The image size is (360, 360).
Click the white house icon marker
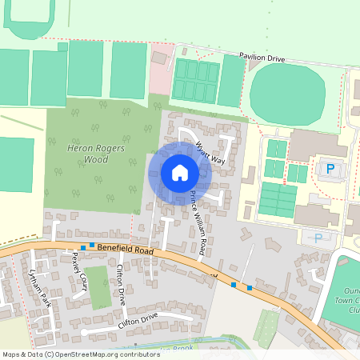point(180,173)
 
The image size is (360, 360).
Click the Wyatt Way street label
point(210,152)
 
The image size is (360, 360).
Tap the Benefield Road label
point(123,250)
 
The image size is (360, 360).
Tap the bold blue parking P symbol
point(329,168)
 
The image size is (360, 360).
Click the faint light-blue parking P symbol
point(318,238)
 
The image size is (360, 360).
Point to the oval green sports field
point(288,94)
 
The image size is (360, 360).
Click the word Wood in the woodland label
point(96,159)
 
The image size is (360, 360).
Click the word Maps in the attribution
point(11,354)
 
